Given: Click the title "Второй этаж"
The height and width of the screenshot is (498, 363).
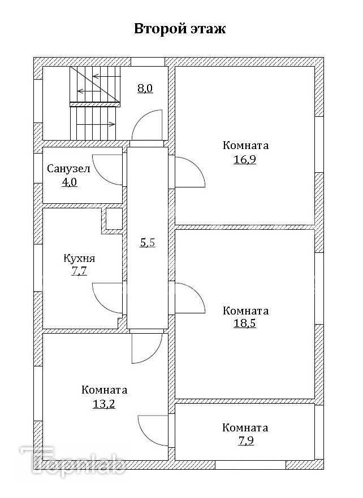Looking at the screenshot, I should pyautogui.click(x=180, y=29).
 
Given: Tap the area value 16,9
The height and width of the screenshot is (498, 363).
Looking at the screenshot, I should pyautogui.click(x=245, y=160).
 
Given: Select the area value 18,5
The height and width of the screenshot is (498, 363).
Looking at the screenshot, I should pyautogui.click(x=245, y=325).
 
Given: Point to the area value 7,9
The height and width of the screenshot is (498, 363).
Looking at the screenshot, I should pyautogui.click(x=245, y=441).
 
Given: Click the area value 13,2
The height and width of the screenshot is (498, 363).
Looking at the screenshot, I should pyautogui.click(x=104, y=404).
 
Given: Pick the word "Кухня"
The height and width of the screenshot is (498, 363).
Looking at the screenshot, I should pyautogui.click(x=79, y=259).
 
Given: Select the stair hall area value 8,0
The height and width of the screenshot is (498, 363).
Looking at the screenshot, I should pyautogui.click(x=145, y=88).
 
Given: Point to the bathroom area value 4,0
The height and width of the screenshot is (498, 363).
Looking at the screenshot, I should pyautogui.click(x=69, y=182).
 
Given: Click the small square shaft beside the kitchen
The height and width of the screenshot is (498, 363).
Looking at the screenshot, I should pyautogui.click(x=114, y=219).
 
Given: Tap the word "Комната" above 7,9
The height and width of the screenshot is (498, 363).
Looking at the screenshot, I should pyautogui.click(x=245, y=427).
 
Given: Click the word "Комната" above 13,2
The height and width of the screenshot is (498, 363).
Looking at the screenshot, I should pyautogui.click(x=104, y=390).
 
